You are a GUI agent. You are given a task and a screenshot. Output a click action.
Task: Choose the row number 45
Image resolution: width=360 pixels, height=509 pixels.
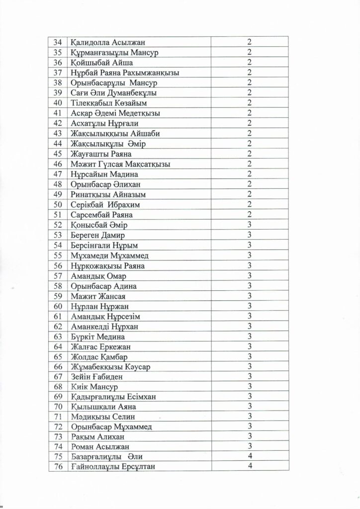pyautogui.click(x=57, y=153)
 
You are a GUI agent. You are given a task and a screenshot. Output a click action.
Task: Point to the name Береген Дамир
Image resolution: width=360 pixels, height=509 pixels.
pyautogui.click(x=98, y=235)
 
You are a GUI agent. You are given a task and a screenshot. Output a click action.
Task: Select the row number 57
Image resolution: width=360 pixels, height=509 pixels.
pyautogui.click(x=57, y=275)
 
